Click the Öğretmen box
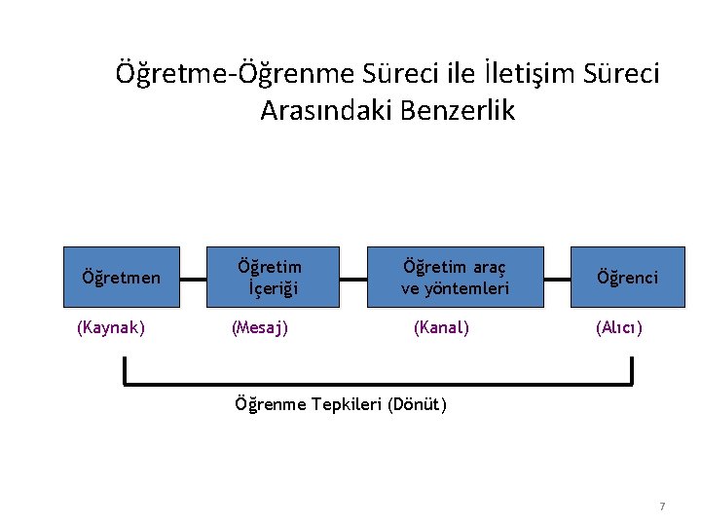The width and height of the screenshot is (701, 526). coord(122,278)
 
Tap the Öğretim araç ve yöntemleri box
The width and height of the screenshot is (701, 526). coord(455,278)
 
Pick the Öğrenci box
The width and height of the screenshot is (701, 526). coord(627,278)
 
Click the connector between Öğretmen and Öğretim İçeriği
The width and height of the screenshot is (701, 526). coord(193,278)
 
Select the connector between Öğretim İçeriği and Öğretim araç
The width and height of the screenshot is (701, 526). coord(353,278)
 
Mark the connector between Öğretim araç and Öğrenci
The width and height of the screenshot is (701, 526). coord(557,278)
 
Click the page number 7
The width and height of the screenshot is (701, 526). coord(662,507)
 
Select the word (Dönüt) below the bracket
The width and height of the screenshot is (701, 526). coord(417,404)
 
